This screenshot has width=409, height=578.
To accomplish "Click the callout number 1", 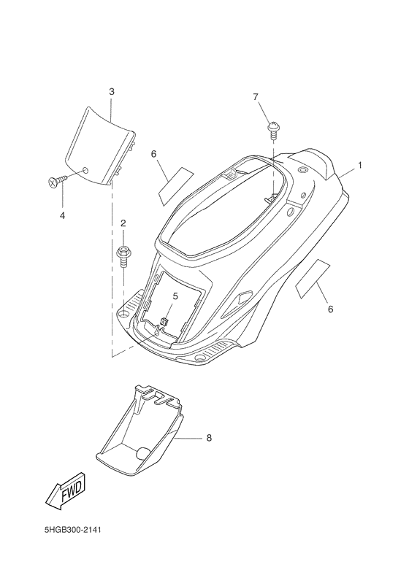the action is tap(359, 166).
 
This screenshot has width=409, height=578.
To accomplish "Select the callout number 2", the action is tap(123, 223).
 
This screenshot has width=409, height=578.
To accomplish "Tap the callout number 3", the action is tap(111, 91).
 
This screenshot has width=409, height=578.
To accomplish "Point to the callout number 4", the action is tap(62, 215).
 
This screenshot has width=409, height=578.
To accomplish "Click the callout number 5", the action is tap(175, 296).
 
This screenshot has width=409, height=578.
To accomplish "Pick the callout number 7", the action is tap(256, 96).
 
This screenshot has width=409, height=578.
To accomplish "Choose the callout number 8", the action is tap(209, 438).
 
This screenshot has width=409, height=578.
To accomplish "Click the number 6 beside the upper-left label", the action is tap(154, 154).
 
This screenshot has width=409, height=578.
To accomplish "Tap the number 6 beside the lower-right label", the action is tap(330, 309).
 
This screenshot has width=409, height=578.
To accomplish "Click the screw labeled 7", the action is tap(273, 129).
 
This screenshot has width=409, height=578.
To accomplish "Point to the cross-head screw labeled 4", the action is tap(57, 181).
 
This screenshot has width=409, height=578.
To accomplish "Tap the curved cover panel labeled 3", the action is tap(99, 147).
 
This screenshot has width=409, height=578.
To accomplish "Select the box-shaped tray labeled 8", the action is tap(139, 430).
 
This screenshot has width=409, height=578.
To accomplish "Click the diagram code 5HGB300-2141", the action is tap(72, 530).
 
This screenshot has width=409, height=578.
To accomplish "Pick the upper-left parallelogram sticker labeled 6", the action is tap(176, 187).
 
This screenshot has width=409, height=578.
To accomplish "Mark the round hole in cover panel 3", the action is tap(85, 170).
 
